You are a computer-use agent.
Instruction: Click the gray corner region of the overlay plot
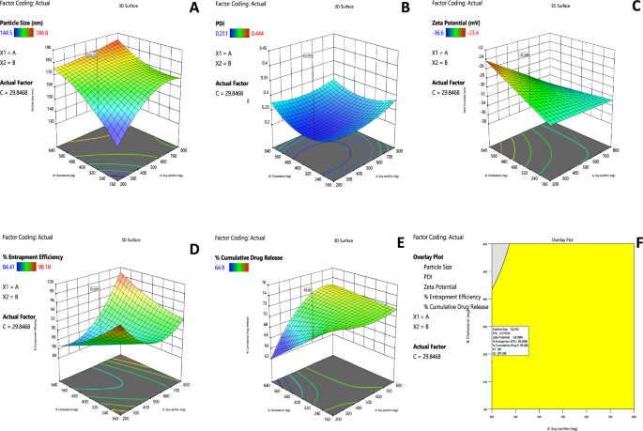click(497, 248)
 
